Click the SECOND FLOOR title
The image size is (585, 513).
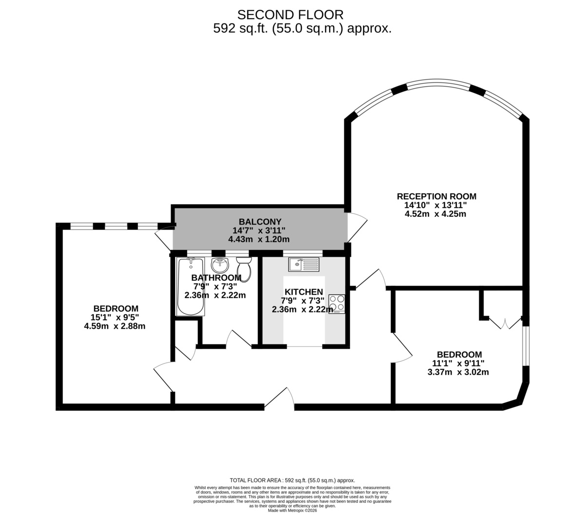coord(290,15)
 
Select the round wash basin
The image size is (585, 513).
coord(220,265)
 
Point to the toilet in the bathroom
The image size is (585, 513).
coord(244,269)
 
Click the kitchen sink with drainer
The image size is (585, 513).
coord(304,264)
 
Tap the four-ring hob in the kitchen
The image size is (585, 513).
coord(336,304)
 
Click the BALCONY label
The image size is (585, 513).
coord(260,222)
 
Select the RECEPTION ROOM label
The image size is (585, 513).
coord(436,196)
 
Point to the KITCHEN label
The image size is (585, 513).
coord(304,292)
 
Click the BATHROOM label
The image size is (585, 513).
coord(216,278)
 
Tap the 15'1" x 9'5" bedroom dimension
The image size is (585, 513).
coord(115,317)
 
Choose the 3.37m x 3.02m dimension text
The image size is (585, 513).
coord(458,372)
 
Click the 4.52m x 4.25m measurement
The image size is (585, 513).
coord(435,214)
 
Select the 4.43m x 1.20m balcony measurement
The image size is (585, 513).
coord(259,239)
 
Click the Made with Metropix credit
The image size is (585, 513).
coord(292,511)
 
